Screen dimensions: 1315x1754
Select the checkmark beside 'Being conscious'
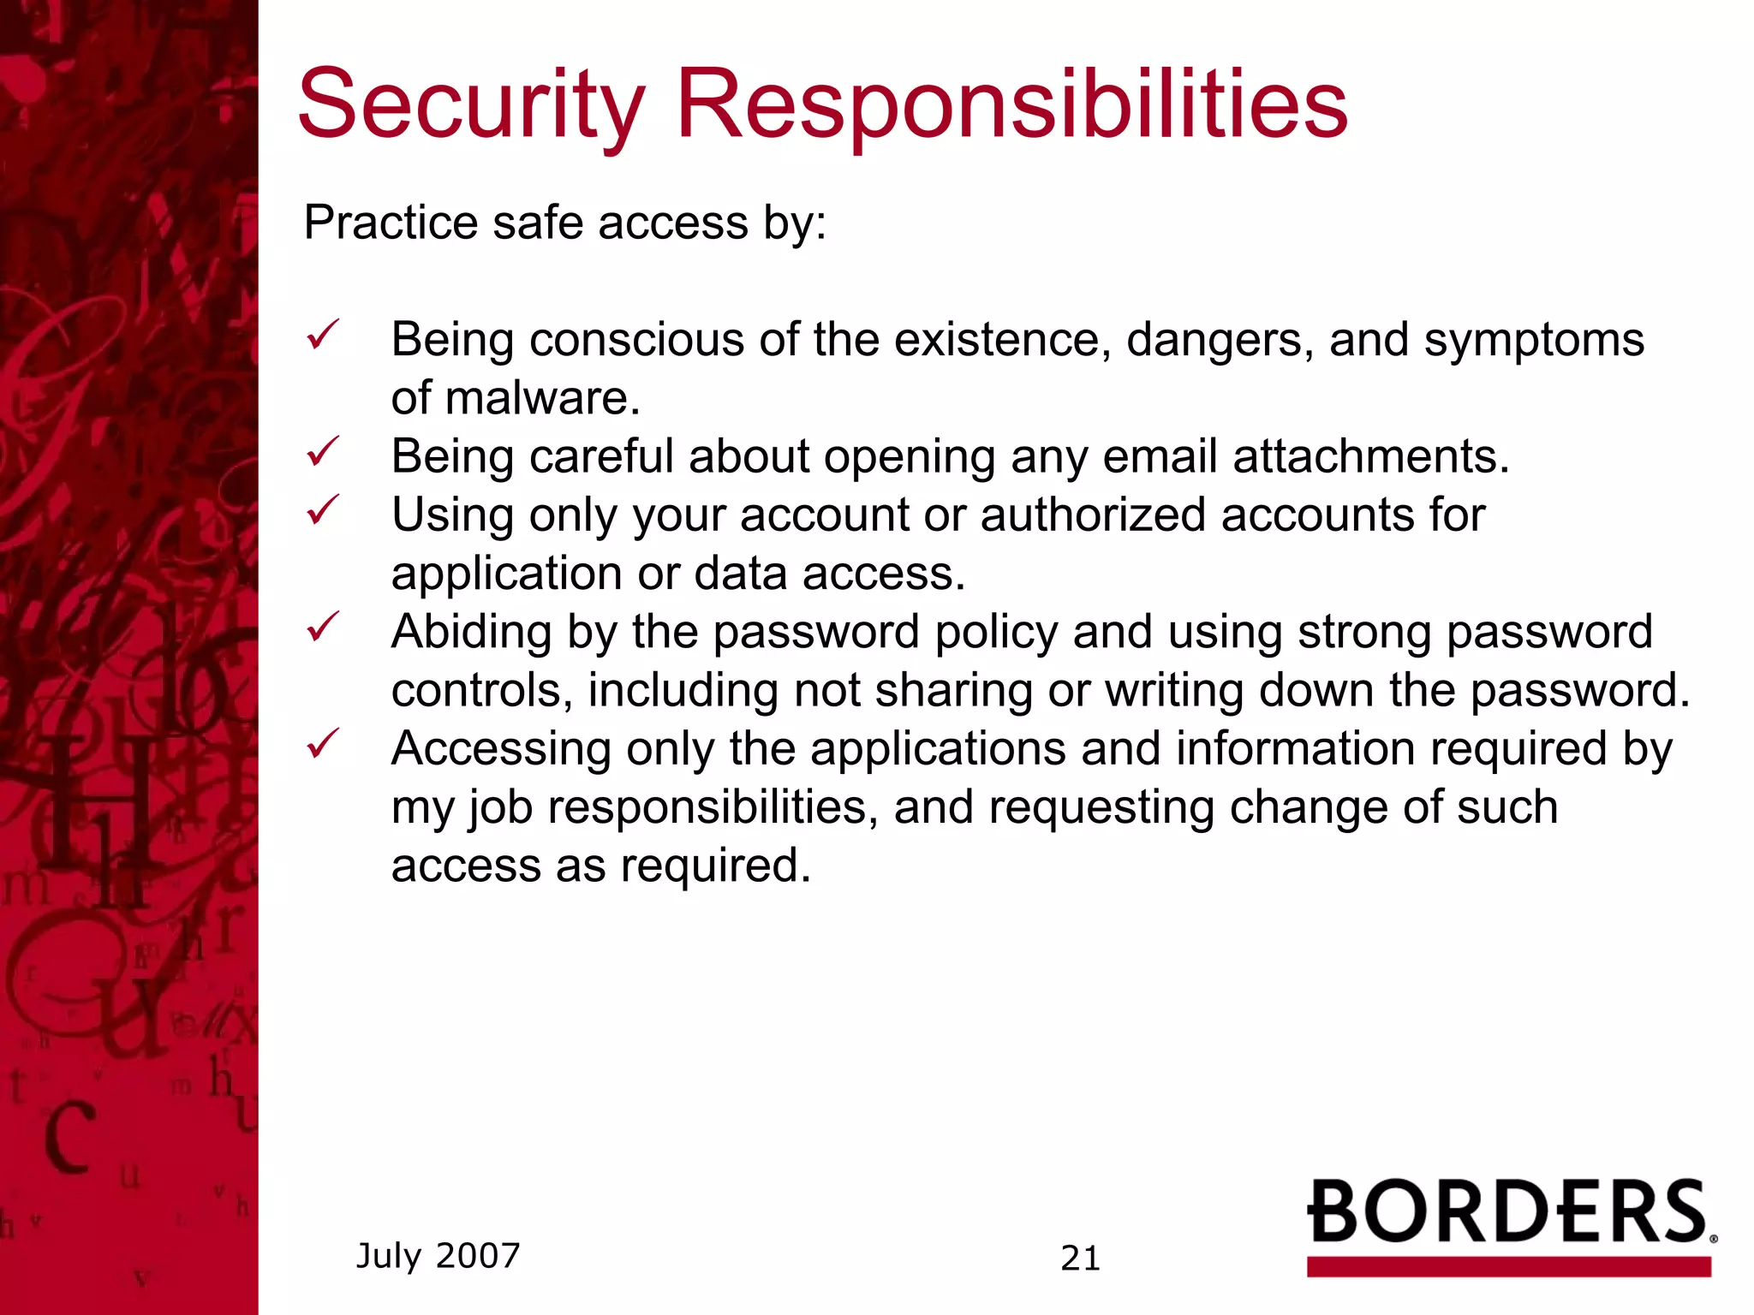[x=323, y=335]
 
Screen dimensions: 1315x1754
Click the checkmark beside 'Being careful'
[x=323, y=451]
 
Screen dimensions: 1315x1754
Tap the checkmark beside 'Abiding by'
[x=323, y=627]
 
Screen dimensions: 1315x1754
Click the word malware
[x=542, y=399]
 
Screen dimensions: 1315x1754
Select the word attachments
[x=1370, y=456]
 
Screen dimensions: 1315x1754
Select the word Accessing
[x=501, y=750]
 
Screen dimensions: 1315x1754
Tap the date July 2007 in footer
[x=438, y=1256]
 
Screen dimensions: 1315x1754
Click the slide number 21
[x=1080, y=1258]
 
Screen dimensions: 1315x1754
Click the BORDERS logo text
[x=1507, y=1211]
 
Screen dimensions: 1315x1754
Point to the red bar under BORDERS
[x=1508, y=1266]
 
